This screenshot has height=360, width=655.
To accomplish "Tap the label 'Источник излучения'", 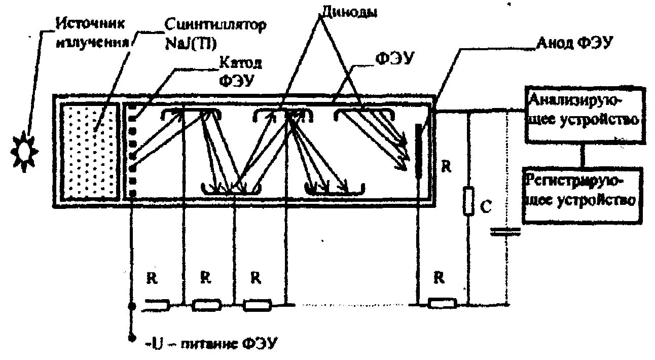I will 91,32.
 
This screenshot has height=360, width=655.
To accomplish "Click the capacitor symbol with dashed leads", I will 505,232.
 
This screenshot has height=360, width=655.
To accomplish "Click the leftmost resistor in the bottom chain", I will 158,305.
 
